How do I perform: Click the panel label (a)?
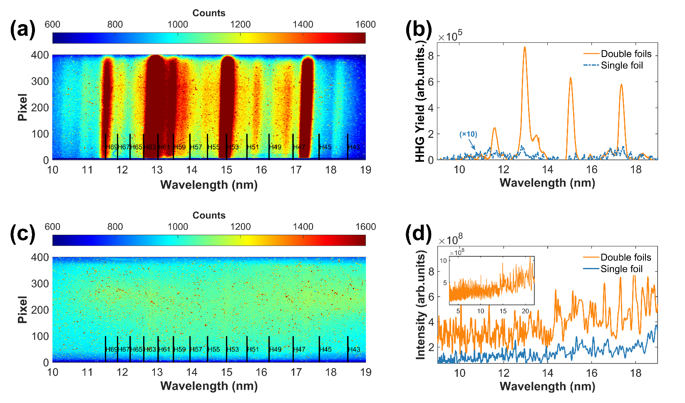click(x=22, y=30)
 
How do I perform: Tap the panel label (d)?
click(x=418, y=234)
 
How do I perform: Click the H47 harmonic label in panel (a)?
click(x=299, y=147)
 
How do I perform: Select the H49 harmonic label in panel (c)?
click(x=275, y=349)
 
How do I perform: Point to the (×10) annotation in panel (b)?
click(x=468, y=134)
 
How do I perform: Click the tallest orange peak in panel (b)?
click(x=525, y=47)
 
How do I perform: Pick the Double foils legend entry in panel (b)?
click(x=626, y=54)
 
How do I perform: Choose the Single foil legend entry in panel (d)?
click(x=621, y=269)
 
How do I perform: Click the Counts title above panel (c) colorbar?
click(x=209, y=215)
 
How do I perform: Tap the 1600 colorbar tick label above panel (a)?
click(x=365, y=25)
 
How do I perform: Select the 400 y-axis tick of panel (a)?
click(x=40, y=55)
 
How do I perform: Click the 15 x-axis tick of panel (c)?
click(x=226, y=372)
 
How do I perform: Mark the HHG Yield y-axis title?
click(x=421, y=102)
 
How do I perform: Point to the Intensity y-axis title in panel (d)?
click(x=421, y=305)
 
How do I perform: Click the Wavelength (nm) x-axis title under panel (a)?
click(x=209, y=185)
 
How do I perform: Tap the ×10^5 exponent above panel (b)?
click(x=450, y=36)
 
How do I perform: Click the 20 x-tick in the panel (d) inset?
click(x=526, y=311)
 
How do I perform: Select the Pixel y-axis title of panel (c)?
click(x=22, y=310)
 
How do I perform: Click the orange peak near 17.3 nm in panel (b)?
click(x=621, y=85)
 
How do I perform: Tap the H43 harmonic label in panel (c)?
click(x=354, y=349)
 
